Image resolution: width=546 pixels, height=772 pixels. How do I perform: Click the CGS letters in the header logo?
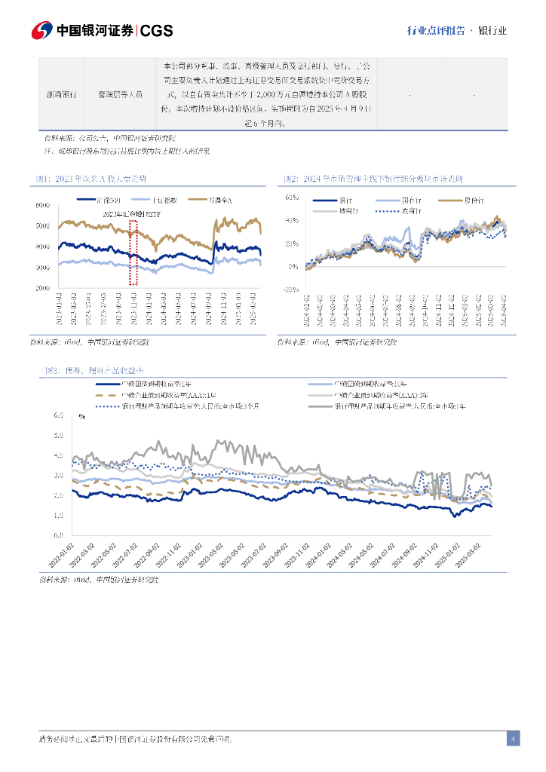pyautogui.click(x=157, y=31)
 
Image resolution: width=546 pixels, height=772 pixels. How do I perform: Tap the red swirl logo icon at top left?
pyautogui.click(x=42, y=31)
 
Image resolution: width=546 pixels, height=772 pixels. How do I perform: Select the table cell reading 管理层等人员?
pyautogui.click(x=121, y=95)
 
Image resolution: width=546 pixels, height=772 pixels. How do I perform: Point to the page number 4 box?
pyautogui.click(x=513, y=739)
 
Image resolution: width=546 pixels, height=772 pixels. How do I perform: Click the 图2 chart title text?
pyautogui.click(x=373, y=179)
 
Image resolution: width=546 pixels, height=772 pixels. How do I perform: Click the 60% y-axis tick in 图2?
pyautogui.click(x=293, y=197)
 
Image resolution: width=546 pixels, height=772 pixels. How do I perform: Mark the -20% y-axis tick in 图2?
pyautogui.click(x=291, y=289)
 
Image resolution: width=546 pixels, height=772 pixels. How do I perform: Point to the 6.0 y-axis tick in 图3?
pyautogui.click(x=59, y=415)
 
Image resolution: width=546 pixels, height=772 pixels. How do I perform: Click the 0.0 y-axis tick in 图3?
pyautogui.click(x=59, y=535)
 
